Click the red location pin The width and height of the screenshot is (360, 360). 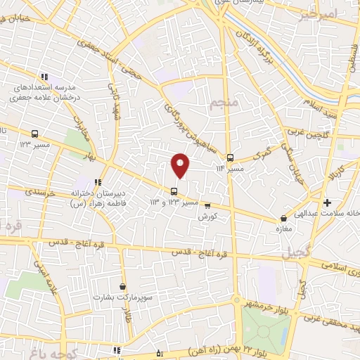180,165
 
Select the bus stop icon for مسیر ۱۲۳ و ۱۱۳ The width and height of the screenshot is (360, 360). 174,191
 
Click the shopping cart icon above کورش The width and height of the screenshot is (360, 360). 207,205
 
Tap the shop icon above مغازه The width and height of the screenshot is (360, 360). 283,219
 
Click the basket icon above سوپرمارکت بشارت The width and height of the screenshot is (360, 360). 124,286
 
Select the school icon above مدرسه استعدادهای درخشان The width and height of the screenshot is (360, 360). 44,77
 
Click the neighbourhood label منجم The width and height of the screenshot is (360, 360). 225,104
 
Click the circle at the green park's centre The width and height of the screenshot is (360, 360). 266,328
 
